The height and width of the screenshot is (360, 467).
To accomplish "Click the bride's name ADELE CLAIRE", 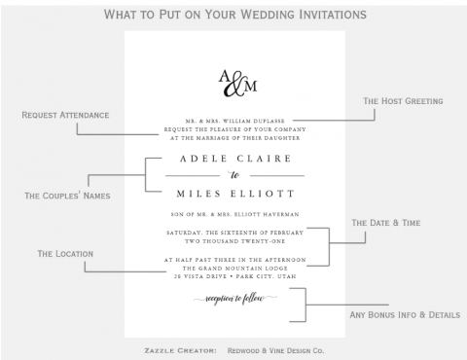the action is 233,156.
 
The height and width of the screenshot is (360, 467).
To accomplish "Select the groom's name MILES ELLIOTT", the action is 233,193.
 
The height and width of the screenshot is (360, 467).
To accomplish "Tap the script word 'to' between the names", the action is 233,174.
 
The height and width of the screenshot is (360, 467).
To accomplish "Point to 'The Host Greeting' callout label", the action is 403,101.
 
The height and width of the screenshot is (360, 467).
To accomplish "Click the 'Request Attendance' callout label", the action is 65,115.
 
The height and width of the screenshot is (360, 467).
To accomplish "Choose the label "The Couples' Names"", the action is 67,196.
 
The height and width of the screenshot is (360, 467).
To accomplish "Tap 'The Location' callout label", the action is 65,253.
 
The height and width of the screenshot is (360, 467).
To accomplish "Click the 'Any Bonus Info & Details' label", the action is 404,314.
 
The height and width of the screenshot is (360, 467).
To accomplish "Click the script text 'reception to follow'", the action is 233,298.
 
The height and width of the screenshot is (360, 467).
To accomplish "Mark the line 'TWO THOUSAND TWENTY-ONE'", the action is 233,240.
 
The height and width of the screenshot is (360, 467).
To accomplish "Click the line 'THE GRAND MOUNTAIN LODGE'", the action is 233,268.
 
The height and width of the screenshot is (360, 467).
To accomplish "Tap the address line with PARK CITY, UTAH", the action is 233,276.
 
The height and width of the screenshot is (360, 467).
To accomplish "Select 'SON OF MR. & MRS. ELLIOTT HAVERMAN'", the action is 233,213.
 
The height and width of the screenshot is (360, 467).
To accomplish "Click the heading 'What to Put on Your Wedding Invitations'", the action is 233,15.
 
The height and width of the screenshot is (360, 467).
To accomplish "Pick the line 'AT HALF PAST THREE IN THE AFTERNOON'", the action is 233,259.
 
